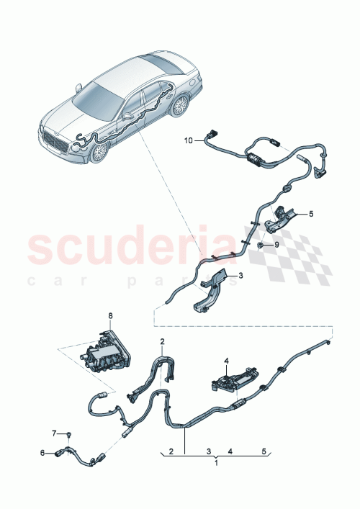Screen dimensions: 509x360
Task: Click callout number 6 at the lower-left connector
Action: pos(42,452)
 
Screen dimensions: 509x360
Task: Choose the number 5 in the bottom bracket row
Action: pos(264,451)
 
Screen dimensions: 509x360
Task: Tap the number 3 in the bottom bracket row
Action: pos(208,451)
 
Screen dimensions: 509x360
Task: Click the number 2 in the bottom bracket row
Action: pos(171,451)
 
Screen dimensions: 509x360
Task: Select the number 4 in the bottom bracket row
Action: pos(229,451)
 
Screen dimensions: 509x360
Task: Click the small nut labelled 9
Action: pos(258,245)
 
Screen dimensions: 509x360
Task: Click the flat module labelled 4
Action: pos(234,377)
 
